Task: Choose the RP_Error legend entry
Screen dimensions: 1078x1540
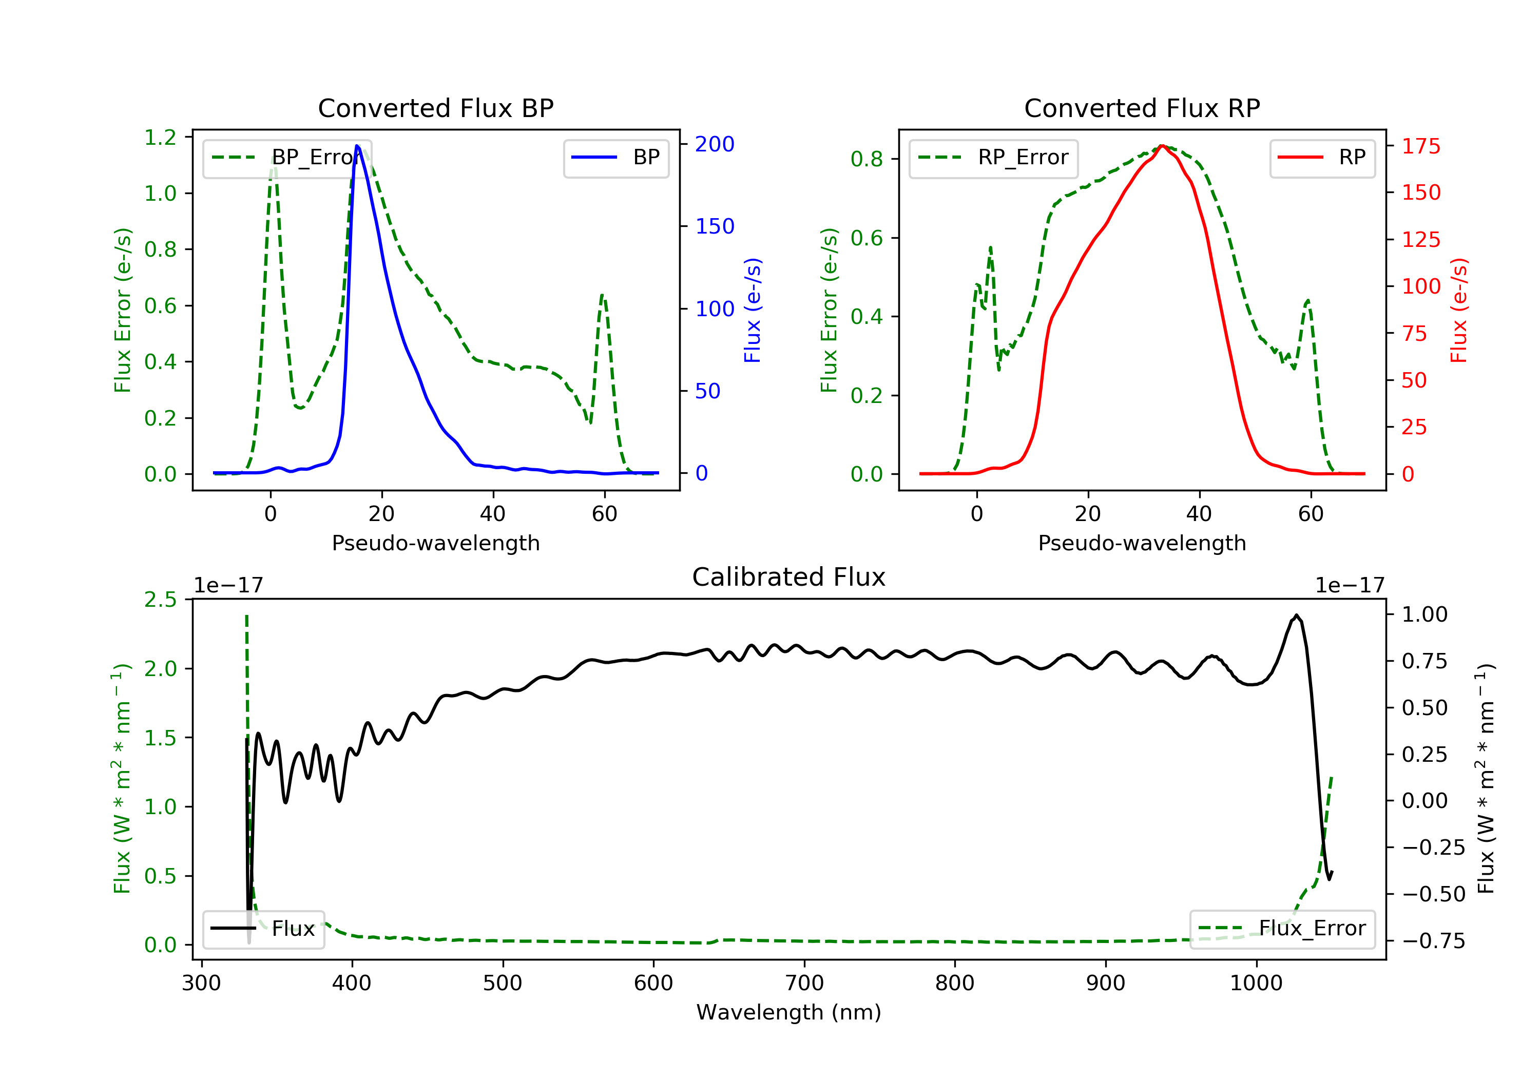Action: (993, 158)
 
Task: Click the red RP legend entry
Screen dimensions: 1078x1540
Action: (1322, 158)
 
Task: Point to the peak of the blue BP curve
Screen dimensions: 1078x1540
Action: (357, 146)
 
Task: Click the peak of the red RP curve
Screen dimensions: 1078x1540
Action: (1162, 146)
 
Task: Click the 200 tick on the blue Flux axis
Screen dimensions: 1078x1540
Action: (715, 144)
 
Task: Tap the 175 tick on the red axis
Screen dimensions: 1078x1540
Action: (1420, 146)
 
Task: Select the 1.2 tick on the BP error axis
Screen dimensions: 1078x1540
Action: (160, 138)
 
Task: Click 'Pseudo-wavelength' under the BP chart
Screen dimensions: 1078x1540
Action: (435, 543)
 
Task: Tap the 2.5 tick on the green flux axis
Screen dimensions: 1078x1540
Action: (160, 600)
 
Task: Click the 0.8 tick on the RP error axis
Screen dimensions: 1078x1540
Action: (867, 159)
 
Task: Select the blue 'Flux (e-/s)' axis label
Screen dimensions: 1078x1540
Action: (753, 310)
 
